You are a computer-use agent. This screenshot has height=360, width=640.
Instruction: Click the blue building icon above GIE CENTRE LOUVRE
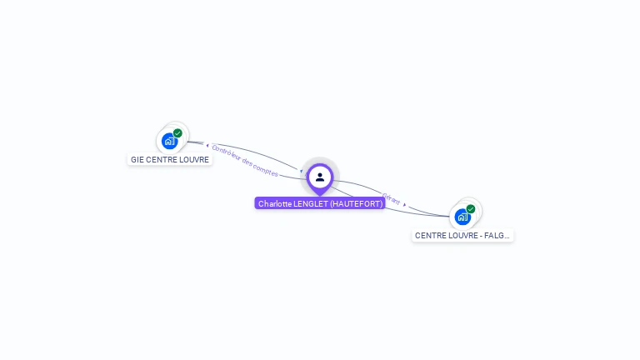(x=169, y=141)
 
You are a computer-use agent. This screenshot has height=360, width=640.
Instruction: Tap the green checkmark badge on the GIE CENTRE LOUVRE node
(x=177, y=133)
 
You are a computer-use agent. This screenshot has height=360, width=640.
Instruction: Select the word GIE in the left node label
(x=137, y=160)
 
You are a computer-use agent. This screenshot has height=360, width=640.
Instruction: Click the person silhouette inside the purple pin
(x=320, y=177)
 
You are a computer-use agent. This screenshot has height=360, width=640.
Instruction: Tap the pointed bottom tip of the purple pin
(x=320, y=196)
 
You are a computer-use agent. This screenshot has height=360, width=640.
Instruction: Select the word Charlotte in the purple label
(x=275, y=203)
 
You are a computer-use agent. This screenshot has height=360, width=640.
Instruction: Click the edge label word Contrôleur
(x=227, y=154)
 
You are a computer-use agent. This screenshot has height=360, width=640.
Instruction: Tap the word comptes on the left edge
(x=267, y=170)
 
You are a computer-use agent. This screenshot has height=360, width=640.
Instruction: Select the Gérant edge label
(x=391, y=199)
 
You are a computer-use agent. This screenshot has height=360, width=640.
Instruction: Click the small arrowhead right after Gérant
(x=404, y=204)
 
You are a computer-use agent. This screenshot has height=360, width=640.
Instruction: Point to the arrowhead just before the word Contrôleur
(x=207, y=145)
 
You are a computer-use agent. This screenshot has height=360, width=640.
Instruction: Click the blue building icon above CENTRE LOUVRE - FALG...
(x=462, y=217)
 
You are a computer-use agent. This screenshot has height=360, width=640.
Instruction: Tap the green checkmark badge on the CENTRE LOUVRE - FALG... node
(x=471, y=209)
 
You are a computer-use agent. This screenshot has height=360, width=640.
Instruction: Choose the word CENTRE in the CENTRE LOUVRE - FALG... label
(x=429, y=236)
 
